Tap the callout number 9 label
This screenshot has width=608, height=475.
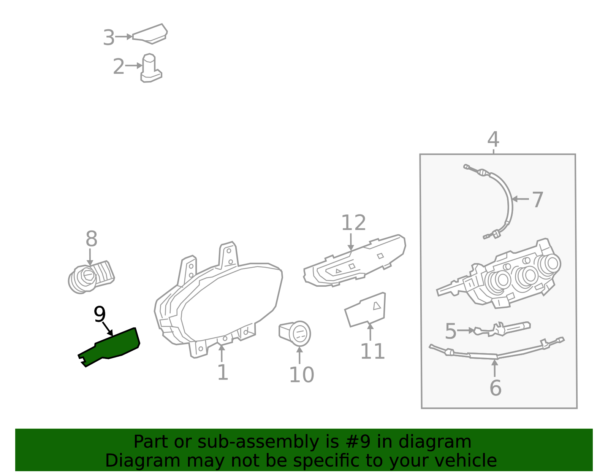pyautogui.click(x=100, y=314)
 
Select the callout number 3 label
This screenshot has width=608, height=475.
pyautogui.click(x=109, y=37)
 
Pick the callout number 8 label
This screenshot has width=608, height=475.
pyautogui.click(x=91, y=239)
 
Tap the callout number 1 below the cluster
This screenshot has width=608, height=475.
pyautogui.click(x=223, y=372)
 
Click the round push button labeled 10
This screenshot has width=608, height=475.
pyautogui.click(x=295, y=334)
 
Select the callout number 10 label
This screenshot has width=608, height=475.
pyautogui.click(x=301, y=375)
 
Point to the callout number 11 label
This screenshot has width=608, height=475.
pyautogui.click(x=373, y=351)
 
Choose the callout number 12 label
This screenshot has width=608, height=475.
pyautogui.click(x=354, y=223)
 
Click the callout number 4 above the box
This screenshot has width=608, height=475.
pyautogui.click(x=493, y=139)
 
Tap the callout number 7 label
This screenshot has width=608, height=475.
pyautogui.click(x=537, y=200)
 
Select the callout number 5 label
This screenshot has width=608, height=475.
pyautogui.click(x=451, y=331)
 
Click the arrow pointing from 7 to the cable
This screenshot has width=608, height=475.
pyautogui.click(x=520, y=199)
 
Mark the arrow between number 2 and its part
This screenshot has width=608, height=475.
pyautogui.click(x=134, y=65)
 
